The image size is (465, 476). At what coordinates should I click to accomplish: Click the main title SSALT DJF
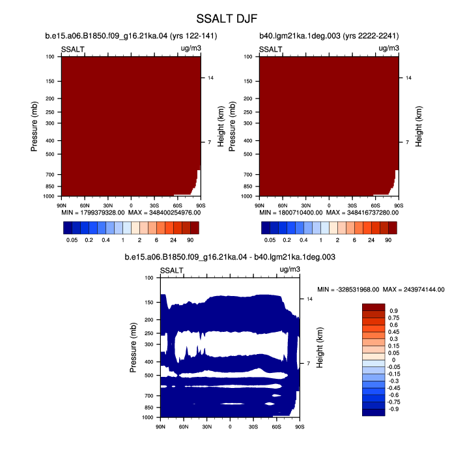[227, 19]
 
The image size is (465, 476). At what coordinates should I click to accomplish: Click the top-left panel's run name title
[131, 36]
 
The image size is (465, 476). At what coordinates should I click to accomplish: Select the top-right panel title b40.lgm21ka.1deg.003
[329, 36]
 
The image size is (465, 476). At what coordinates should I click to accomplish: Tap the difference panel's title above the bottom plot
[230, 257]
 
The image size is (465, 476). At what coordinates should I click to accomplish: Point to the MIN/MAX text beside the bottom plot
[381, 290]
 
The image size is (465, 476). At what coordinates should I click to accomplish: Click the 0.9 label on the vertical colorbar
[393, 311]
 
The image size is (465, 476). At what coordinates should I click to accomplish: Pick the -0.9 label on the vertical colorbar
[394, 409]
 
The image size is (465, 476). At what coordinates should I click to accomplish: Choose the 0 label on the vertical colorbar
[393, 360]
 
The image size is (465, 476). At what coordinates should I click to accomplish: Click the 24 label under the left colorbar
[173, 240]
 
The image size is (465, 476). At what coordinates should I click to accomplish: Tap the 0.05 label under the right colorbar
[270, 240]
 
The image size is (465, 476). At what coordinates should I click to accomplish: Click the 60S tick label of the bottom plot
[276, 427]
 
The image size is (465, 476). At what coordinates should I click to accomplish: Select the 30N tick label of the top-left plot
[108, 205]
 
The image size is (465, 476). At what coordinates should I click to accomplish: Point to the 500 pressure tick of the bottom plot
[149, 376]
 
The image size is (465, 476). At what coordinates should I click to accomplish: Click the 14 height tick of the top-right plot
[408, 78]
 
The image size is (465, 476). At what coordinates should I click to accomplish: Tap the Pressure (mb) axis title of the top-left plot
[34, 126]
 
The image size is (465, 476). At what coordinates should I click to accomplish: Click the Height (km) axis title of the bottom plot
[320, 348]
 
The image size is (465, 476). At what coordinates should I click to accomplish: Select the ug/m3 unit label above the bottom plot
[290, 269]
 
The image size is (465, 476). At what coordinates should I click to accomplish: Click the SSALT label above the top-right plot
[270, 49]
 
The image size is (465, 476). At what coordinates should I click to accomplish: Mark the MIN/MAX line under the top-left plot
[131, 213]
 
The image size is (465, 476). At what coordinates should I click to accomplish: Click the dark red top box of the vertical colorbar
[373, 307]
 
